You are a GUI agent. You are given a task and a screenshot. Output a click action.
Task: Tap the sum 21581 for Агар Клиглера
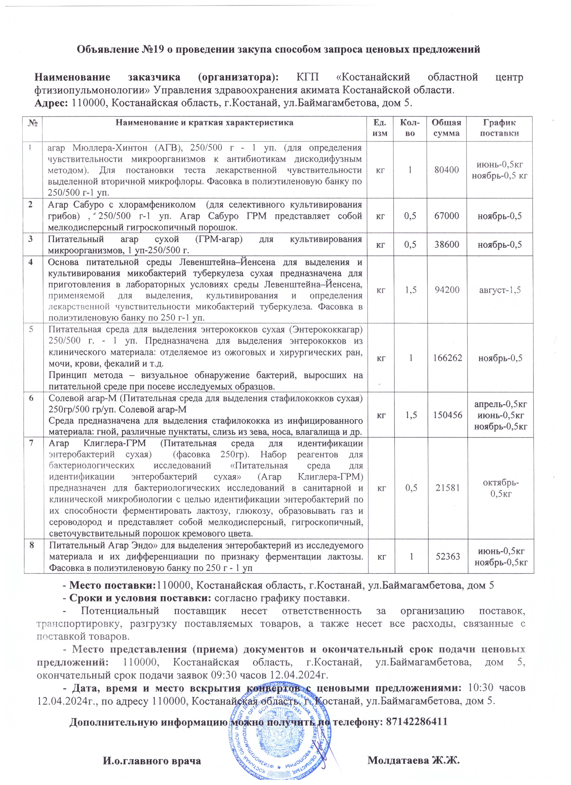click(x=446, y=488)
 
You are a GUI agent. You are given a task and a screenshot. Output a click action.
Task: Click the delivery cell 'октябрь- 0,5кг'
click(x=499, y=488)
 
